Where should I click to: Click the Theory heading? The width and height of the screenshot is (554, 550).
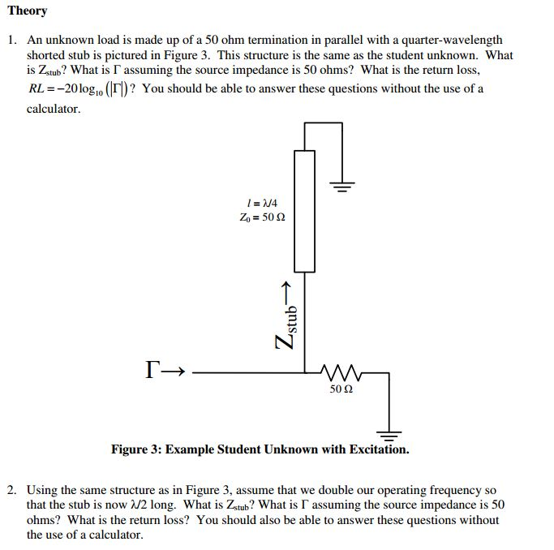(28, 11)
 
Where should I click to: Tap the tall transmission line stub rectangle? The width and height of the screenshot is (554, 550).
(304, 210)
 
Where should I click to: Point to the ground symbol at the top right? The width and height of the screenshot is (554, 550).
(343, 186)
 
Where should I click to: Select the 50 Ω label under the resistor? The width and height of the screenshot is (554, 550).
(341, 389)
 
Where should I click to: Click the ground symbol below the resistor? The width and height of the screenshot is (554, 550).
(389, 432)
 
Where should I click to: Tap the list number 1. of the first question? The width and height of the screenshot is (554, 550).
(12, 39)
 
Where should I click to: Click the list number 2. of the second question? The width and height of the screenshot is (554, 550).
(12, 490)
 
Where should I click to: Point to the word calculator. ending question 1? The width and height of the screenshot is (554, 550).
(54, 109)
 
